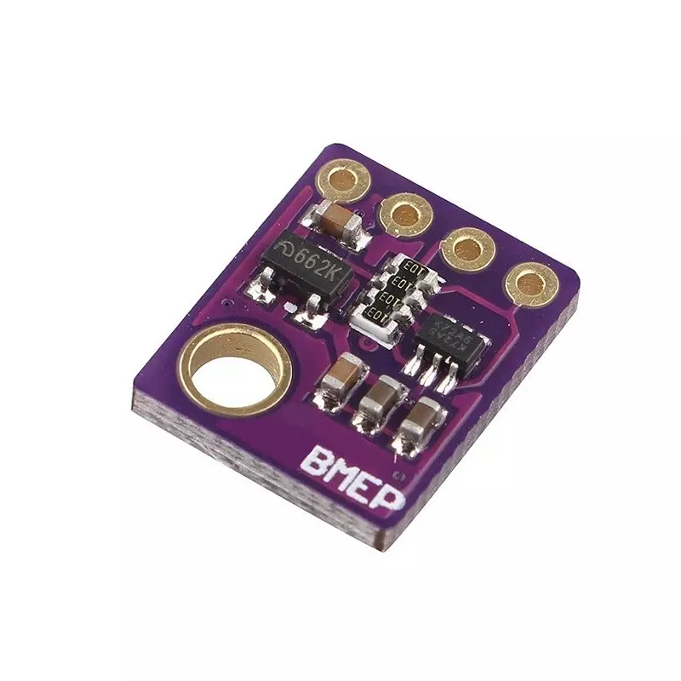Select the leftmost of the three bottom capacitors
[346, 377]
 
